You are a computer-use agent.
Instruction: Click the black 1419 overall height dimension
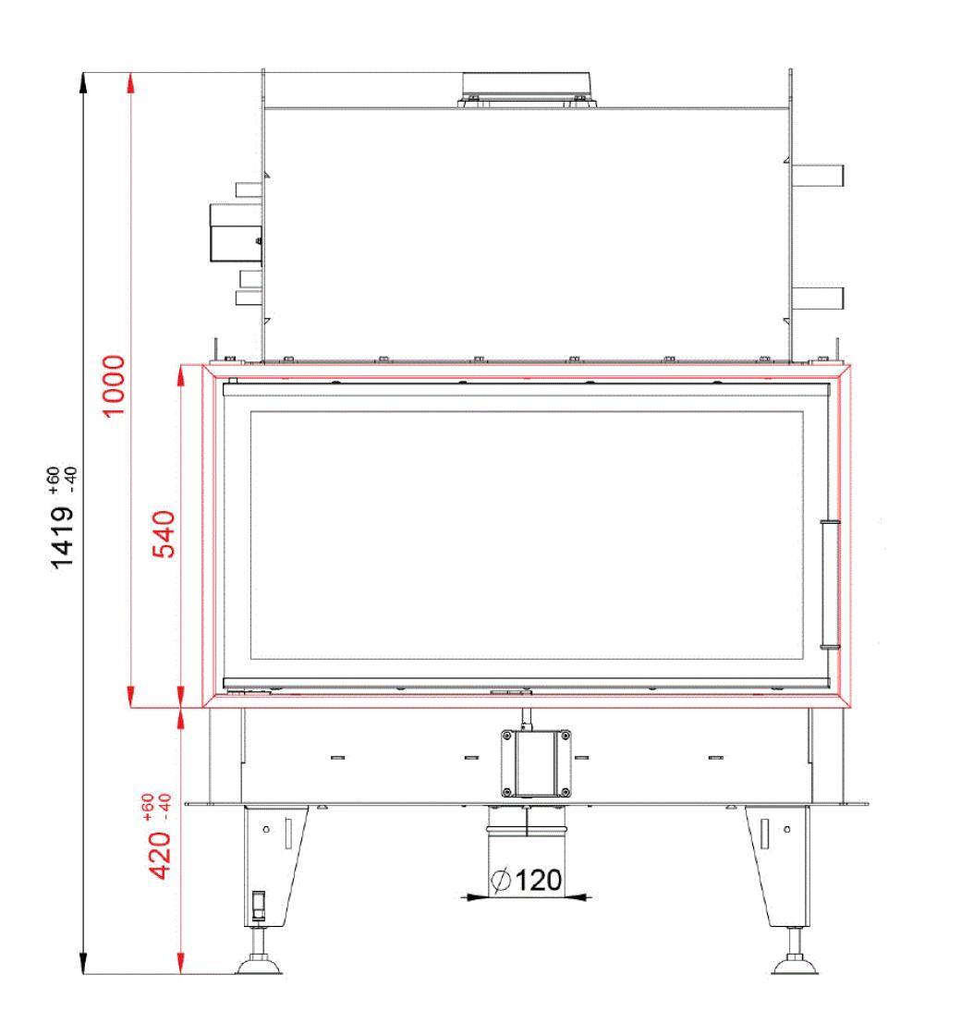[63, 537]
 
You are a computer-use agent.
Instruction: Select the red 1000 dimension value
[114, 386]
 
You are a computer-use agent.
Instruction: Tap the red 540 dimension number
[164, 534]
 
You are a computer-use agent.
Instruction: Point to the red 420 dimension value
[158, 856]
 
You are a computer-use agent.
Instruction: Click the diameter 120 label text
[527, 880]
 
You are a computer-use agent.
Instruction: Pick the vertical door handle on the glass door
[830, 585]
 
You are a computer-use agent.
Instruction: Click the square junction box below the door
[535, 763]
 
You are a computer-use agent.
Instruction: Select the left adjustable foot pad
[259, 966]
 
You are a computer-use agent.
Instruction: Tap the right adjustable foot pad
[795, 966]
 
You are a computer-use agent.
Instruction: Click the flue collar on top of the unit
[528, 89]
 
